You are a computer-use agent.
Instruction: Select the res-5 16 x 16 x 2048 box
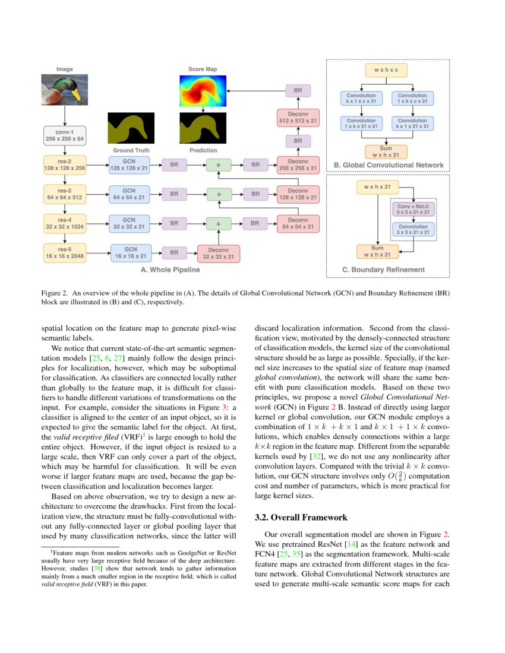pyautogui.click(x=65, y=252)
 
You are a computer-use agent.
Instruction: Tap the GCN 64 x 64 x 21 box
pyautogui.click(x=130, y=194)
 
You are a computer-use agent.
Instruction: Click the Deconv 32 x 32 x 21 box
pyautogui.click(x=218, y=252)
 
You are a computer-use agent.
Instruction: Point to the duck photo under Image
pyautogui.click(x=65, y=90)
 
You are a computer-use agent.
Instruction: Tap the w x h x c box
pyautogui.click(x=386, y=70)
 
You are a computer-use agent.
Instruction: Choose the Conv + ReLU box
pyautogui.click(x=412, y=208)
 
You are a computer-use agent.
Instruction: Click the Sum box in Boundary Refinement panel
pyautogui.click(x=377, y=251)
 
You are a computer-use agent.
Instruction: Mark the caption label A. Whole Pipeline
pyautogui.click(x=170, y=270)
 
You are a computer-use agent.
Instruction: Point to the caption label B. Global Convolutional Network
pyautogui.click(x=389, y=164)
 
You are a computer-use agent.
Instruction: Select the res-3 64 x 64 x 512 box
pyautogui.click(x=65, y=194)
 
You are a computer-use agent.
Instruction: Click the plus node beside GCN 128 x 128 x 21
pyautogui.click(x=219, y=164)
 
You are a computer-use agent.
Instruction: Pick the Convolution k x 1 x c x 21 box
pyautogui.click(x=361, y=99)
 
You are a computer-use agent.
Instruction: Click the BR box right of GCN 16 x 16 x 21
pyautogui.click(x=174, y=252)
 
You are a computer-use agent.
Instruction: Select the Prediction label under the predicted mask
pyautogui.click(x=203, y=150)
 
